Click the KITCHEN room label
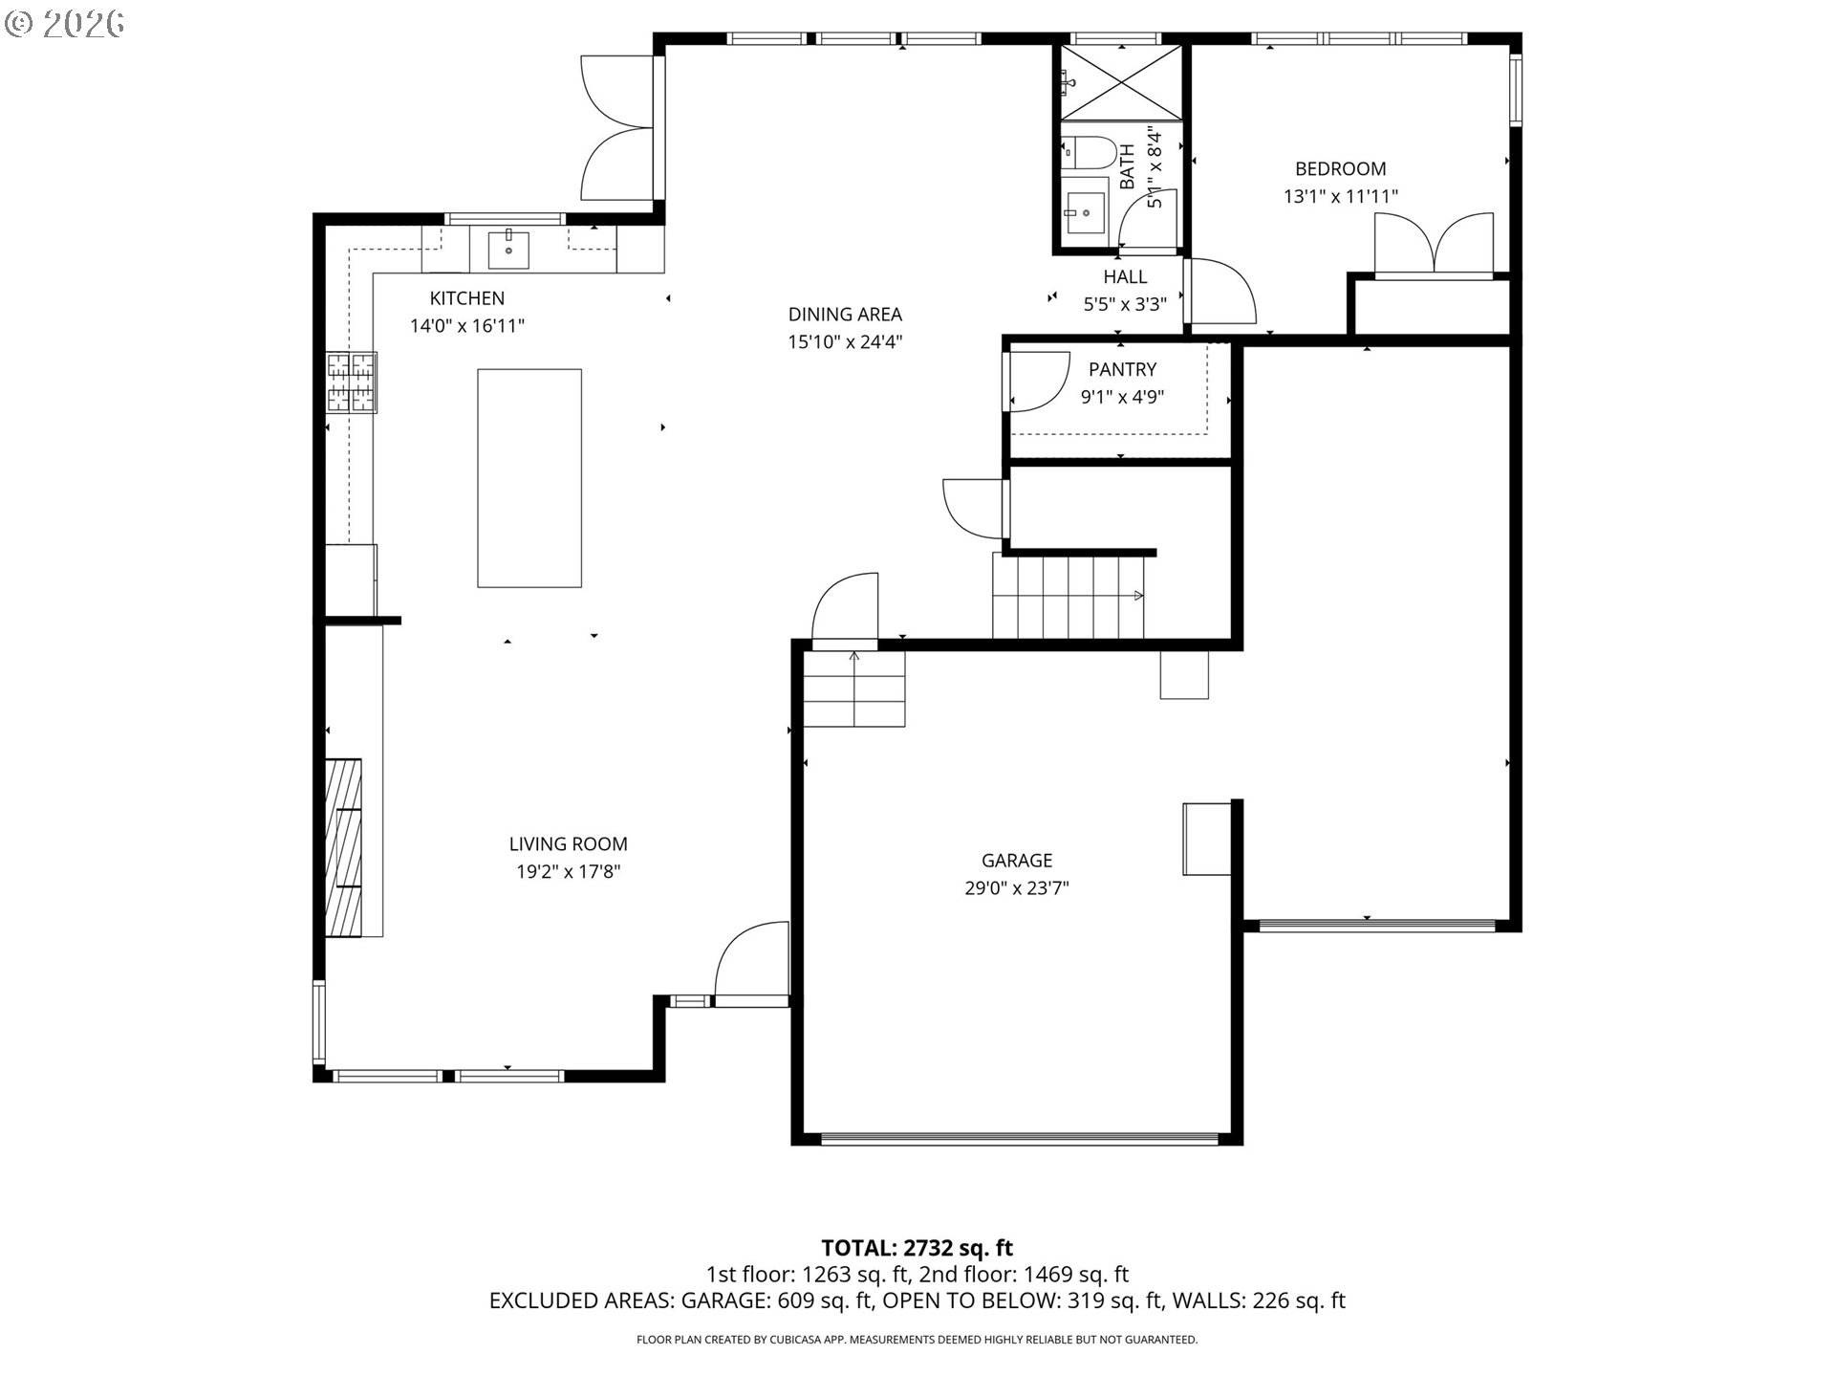pyautogui.click(x=466, y=298)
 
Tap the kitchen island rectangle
pyautogui.click(x=529, y=478)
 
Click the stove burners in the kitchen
pyautogui.click(x=351, y=382)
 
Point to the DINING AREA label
pyautogui.click(x=844, y=315)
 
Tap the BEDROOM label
pyautogui.click(x=1340, y=169)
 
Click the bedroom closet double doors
pyautogui.click(x=1434, y=247)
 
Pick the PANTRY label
pyautogui.click(x=1122, y=369)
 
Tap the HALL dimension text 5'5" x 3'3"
pyautogui.click(x=1125, y=304)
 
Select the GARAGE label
pyautogui.click(x=1016, y=861)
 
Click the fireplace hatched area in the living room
pyautogui.click(x=343, y=847)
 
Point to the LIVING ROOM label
pyautogui.click(x=568, y=844)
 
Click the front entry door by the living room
pyautogui.click(x=752, y=964)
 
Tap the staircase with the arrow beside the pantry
pyautogui.click(x=1068, y=599)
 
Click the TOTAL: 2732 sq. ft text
pyautogui.click(x=917, y=1248)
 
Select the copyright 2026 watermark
pyautogui.click(x=65, y=24)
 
